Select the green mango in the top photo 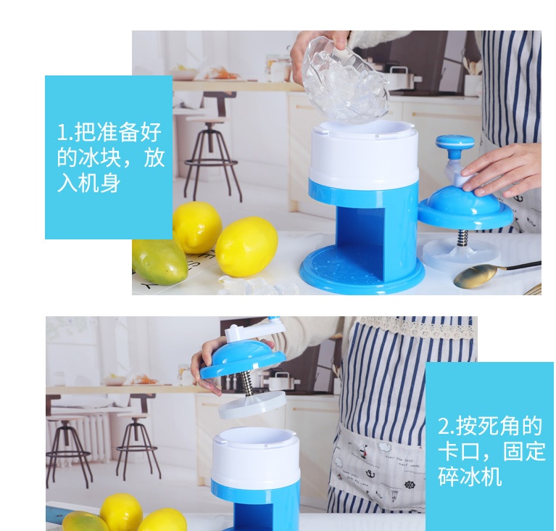click(x=159, y=260)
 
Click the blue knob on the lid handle click(x=455, y=144)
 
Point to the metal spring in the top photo click(x=462, y=239)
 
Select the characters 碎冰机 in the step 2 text click(x=470, y=477)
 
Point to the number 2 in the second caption click(x=444, y=427)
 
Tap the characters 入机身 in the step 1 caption click(x=89, y=184)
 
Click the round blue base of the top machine click(x=362, y=269)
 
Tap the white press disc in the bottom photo click(x=252, y=404)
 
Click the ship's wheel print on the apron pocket click(x=409, y=485)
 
